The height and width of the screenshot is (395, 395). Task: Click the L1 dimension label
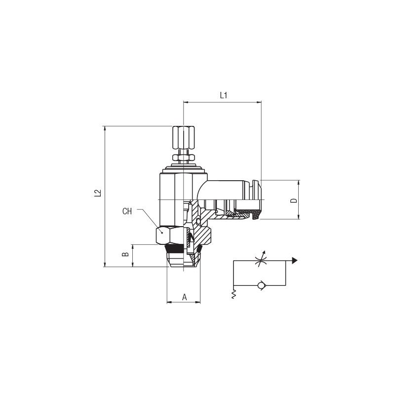tap(224, 95)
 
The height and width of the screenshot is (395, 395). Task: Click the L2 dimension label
tap(97, 193)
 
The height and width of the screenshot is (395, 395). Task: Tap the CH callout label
tap(127, 211)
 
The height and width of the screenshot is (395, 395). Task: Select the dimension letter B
tap(125, 254)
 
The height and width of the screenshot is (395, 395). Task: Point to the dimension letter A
tap(184, 297)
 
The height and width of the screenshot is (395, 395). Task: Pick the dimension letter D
tap(294, 200)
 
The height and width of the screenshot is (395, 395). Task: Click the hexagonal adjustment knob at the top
tap(183, 138)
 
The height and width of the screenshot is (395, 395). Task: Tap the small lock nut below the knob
tap(183, 158)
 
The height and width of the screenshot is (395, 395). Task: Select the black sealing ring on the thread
tap(176, 249)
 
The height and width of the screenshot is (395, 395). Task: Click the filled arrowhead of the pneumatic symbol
tap(295, 261)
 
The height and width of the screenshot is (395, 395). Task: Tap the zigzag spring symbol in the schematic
tap(234, 294)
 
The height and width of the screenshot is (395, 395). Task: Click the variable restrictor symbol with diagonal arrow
tap(260, 260)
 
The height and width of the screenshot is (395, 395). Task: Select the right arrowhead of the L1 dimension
tap(259, 102)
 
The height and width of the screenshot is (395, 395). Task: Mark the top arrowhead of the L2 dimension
tap(105, 128)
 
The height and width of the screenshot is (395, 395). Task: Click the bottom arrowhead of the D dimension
tap(298, 216)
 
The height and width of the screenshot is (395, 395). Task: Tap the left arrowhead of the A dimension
tap(170, 302)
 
